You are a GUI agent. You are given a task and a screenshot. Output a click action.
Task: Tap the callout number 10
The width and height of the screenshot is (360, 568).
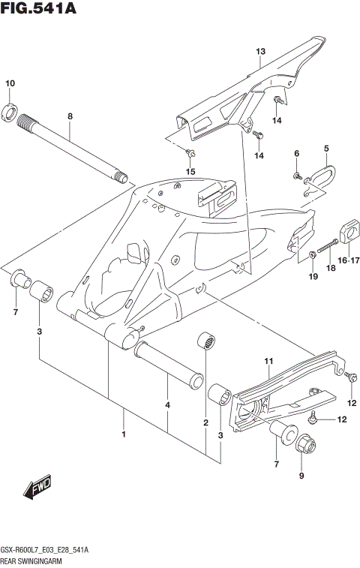click(x=10, y=83)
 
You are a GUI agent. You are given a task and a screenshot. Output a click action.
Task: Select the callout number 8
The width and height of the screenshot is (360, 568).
click(x=70, y=116)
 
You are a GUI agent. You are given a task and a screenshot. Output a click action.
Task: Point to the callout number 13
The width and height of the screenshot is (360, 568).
click(x=260, y=52)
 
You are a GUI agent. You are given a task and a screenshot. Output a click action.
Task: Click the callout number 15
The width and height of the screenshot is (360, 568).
click(x=190, y=172)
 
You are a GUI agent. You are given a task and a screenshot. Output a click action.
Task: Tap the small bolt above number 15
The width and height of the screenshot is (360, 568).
click(x=190, y=155)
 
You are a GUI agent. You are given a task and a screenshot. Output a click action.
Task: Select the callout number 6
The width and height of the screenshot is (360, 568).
click(x=296, y=154)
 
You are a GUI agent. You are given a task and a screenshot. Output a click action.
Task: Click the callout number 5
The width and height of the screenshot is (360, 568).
click(x=326, y=149)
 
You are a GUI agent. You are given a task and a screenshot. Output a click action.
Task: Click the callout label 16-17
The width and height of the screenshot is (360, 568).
click(x=347, y=260)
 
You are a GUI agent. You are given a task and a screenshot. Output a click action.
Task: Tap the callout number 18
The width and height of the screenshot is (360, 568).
click(x=328, y=267)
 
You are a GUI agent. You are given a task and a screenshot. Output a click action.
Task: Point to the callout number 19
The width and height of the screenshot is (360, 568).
click(x=313, y=278)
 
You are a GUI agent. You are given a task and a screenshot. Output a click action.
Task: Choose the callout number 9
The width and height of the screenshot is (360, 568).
click(x=303, y=476)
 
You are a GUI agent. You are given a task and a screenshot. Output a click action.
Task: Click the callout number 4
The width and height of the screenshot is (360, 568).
click(x=167, y=405)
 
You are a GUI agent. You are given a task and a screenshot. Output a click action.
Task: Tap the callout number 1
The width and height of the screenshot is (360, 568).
click(x=124, y=434)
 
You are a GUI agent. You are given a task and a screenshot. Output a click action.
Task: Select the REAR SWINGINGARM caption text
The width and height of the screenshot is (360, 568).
click(x=32, y=560)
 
